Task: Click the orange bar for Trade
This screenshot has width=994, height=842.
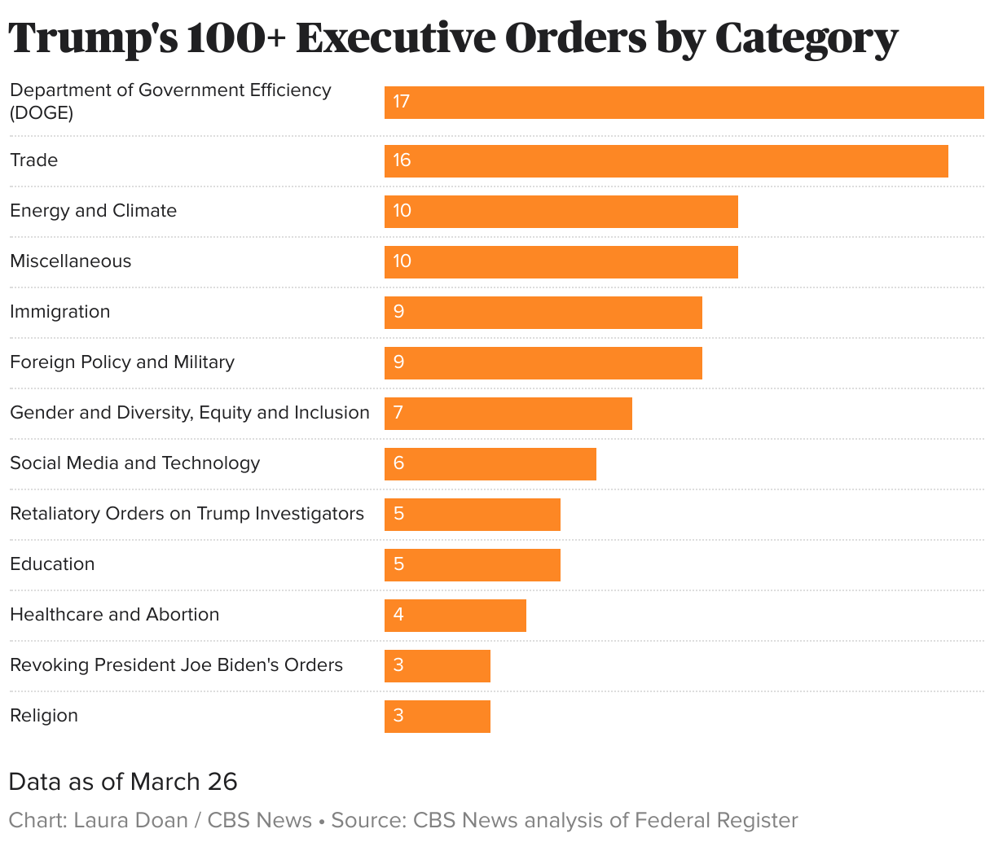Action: [666, 160]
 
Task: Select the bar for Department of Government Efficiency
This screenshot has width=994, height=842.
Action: [684, 102]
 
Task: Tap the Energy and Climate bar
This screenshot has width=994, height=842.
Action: [561, 211]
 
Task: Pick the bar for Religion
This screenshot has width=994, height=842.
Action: [437, 716]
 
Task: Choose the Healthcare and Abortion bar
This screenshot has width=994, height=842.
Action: [455, 615]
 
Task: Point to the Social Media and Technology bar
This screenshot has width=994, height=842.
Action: [490, 463]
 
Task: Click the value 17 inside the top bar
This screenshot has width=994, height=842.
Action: [401, 102]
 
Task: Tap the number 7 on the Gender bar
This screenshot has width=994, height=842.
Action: [398, 413]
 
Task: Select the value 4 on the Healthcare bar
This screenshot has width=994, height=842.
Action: [398, 615]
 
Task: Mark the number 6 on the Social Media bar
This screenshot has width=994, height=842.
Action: [398, 463]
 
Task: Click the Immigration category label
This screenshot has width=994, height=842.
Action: [59, 312]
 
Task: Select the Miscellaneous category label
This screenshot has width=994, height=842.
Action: [70, 261]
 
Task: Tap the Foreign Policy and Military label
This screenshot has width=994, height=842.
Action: [122, 362]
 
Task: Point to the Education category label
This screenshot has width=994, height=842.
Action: [52, 564]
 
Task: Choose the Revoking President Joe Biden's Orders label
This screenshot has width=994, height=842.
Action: [176, 665]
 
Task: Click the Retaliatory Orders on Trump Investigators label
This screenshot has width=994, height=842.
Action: [187, 514]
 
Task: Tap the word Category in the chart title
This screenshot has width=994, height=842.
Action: [807, 39]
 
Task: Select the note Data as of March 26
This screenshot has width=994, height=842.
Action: [123, 782]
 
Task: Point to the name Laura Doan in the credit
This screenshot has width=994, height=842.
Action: [130, 820]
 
